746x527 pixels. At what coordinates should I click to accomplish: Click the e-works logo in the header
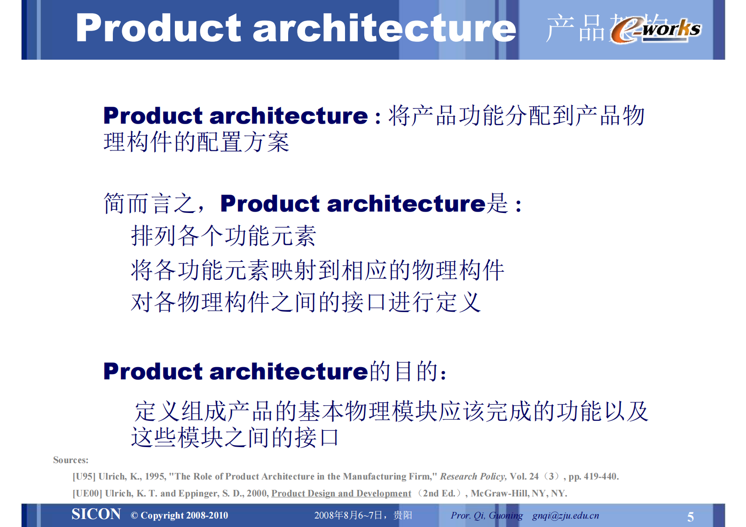point(656,30)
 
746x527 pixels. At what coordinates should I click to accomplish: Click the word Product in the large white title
point(158,29)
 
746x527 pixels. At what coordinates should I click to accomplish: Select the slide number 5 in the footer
point(690,517)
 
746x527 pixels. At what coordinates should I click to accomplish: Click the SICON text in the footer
point(96,514)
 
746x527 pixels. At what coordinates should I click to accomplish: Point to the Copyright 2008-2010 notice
point(180,515)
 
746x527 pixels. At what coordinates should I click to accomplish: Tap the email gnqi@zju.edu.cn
point(565,515)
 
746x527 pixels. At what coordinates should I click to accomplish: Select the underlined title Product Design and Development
point(341,493)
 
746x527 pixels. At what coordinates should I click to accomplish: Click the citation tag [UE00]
point(87,493)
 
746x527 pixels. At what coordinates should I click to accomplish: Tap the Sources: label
point(71,460)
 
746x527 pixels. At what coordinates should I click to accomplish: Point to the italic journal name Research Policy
point(473,476)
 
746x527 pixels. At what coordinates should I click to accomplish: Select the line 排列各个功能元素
point(223,236)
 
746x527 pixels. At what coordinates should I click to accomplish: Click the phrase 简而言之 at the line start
point(149,204)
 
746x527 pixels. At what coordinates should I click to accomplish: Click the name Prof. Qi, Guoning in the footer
point(486,515)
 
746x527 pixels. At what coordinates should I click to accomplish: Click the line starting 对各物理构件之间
point(306,302)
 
